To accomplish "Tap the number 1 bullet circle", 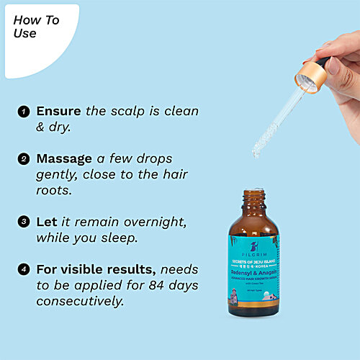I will [x=24, y=112].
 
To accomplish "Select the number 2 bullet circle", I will [x=24, y=158].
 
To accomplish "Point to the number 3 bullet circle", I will [x=24, y=222].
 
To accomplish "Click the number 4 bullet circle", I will [x=24, y=269].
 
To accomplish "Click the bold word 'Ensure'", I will [x=59, y=112].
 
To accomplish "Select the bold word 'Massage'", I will [x=64, y=158].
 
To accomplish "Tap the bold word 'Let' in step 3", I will [x=46, y=222].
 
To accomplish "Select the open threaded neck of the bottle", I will [x=253, y=197].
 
